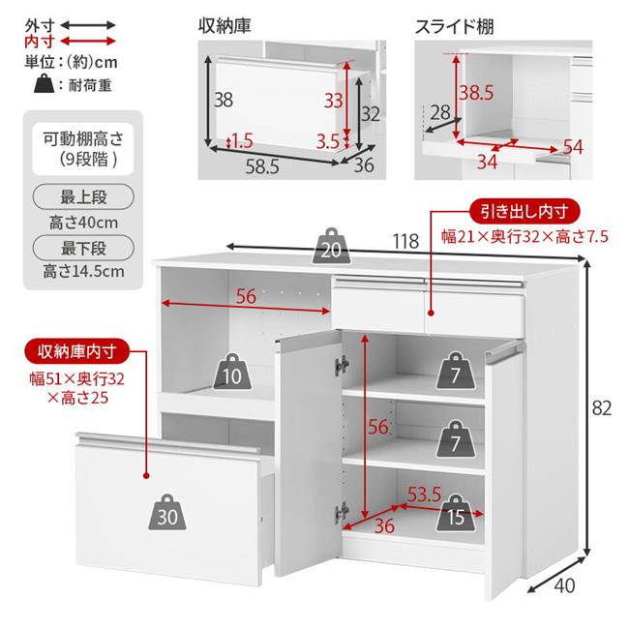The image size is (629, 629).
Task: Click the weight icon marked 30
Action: click(x=168, y=516)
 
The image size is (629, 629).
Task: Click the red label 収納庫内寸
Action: click(x=72, y=349)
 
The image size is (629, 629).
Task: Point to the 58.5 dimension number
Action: click(x=261, y=166)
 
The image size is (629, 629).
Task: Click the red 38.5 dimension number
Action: click(x=476, y=93)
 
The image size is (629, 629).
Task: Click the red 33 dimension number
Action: click(x=332, y=100)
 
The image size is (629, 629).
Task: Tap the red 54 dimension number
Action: click(x=573, y=146)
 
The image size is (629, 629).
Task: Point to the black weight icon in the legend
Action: click(x=42, y=84)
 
